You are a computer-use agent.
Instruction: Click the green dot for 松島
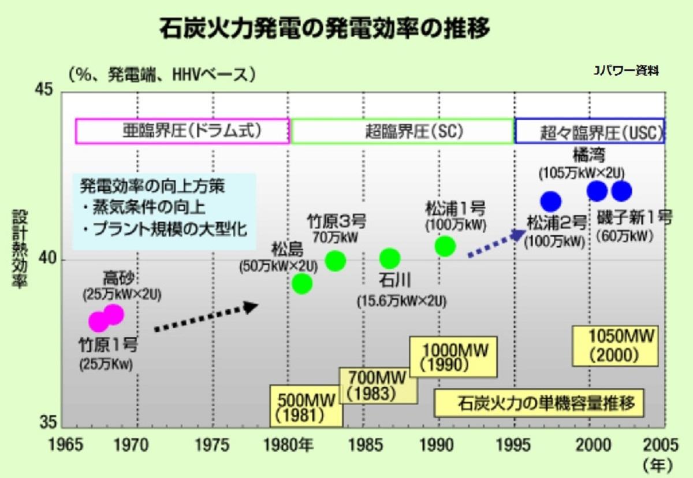tap(302, 283)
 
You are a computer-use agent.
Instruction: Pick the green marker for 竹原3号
tap(335, 261)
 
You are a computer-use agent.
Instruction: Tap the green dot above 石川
tap(390, 258)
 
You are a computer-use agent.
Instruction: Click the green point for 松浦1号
tap(445, 246)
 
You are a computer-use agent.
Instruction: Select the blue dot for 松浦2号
tap(551, 201)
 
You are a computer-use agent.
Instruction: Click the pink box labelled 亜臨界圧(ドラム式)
tap(182, 131)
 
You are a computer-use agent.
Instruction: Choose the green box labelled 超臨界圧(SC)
tap(403, 131)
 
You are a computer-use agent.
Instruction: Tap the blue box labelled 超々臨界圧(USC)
tap(590, 131)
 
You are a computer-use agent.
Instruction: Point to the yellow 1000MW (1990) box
tap(453, 357)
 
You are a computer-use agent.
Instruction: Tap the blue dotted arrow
tap(496, 243)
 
